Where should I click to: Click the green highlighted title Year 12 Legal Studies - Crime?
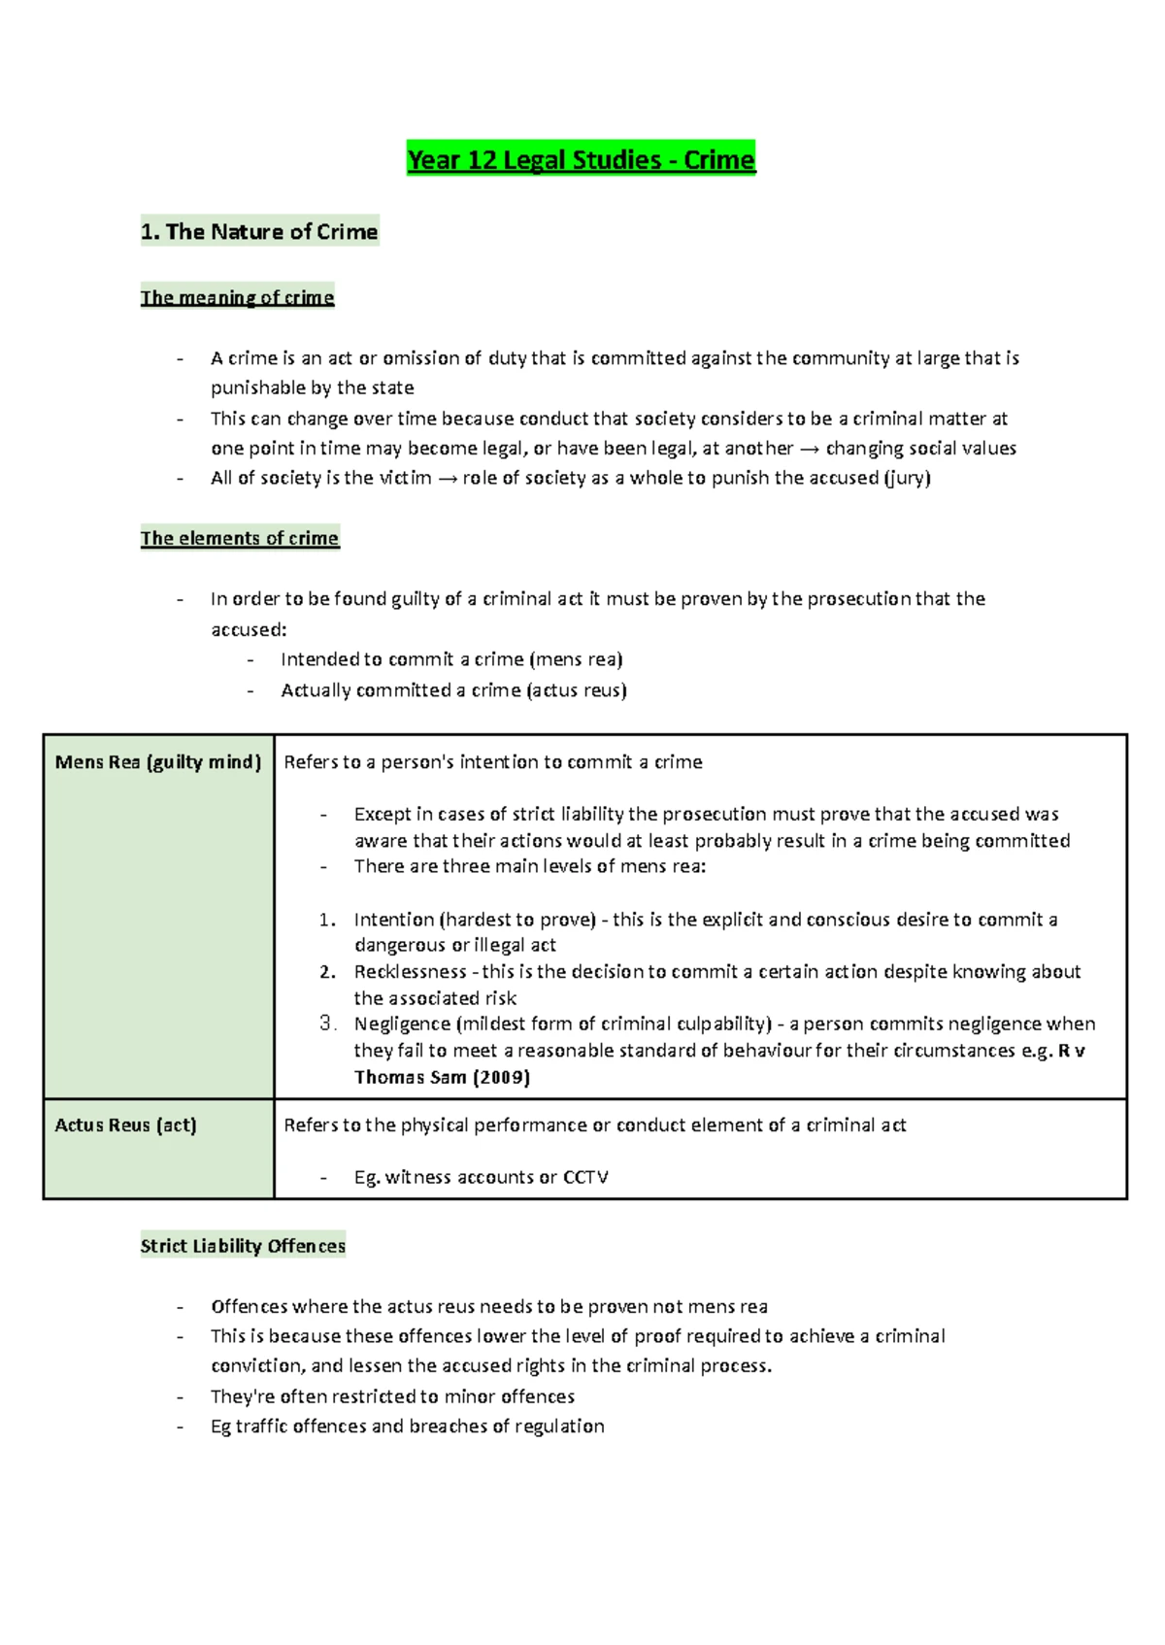click(581, 159)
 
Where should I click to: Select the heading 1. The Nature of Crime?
click(259, 231)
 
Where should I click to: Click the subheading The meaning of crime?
click(237, 297)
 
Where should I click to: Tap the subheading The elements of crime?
click(240, 538)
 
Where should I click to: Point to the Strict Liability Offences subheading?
click(243, 1246)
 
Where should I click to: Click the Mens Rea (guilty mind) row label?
click(158, 762)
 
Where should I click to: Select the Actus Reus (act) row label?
click(125, 1125)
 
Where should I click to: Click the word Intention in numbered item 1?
click(394, 920)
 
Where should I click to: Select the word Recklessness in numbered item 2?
click(410, 972)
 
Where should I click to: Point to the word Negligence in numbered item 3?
click(402, 1024)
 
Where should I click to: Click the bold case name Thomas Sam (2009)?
click(442, 1077)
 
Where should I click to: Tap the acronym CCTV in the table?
click(585, 1177)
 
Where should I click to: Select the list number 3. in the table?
click(327, 1023)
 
